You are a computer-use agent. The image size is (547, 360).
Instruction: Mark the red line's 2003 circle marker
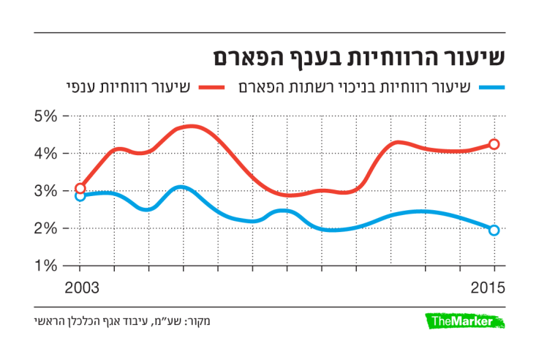point(80,188)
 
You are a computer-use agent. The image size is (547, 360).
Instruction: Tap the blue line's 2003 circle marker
point(80,195)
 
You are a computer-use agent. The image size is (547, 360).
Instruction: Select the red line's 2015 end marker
point(494,144)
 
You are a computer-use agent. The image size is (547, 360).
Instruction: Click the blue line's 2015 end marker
point(494,230)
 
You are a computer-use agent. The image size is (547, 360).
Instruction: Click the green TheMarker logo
point(466,321)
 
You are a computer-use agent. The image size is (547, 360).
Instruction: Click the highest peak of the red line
point(189,127)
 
